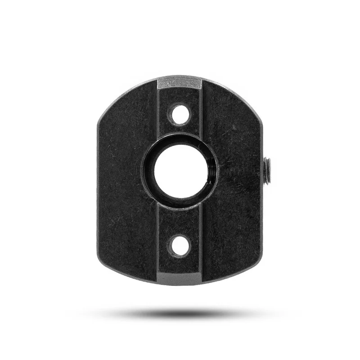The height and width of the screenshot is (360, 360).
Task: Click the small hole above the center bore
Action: (180, 114)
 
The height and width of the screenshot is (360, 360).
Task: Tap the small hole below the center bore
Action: (180, 245)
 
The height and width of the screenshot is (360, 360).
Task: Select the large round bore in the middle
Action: (180, 171)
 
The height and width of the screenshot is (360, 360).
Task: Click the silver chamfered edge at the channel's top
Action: (179, 83)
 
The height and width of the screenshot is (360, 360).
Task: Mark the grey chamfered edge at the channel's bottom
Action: (179, 279)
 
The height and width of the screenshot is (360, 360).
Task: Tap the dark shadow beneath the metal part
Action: (180, 312)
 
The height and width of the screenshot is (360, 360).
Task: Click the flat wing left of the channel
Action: (126, 180)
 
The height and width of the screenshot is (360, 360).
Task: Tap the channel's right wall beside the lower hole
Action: (201, 245)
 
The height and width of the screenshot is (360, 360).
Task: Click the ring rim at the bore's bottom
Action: (180, 205)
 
